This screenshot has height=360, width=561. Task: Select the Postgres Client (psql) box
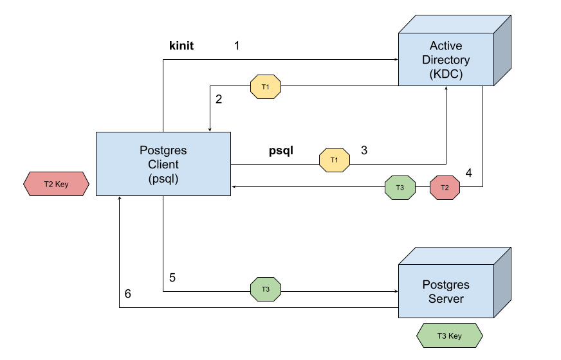[163, 164]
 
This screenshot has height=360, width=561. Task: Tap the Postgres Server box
[446, 291]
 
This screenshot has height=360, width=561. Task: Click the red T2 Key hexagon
[56, 184]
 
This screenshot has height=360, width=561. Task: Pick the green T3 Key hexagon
[450, 336]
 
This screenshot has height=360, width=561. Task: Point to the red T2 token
[445, 188]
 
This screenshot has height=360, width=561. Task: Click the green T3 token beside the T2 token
[400, 188]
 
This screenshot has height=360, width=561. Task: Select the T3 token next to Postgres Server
[266, 289]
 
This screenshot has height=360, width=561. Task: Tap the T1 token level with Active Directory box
[266, 87]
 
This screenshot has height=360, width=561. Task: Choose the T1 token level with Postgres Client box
[335, 160]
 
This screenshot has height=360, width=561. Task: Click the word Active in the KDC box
[446, 46]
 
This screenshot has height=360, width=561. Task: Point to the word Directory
[446, 60]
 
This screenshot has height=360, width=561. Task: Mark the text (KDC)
[446, 74]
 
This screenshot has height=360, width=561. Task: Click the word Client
[163, 165]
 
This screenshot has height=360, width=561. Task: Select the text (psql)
[163, 178]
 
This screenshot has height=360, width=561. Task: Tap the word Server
[446, 299]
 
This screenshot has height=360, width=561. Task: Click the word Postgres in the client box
[163, 150]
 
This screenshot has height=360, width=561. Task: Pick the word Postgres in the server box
[446, 285]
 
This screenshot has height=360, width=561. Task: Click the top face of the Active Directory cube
[454, 24]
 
